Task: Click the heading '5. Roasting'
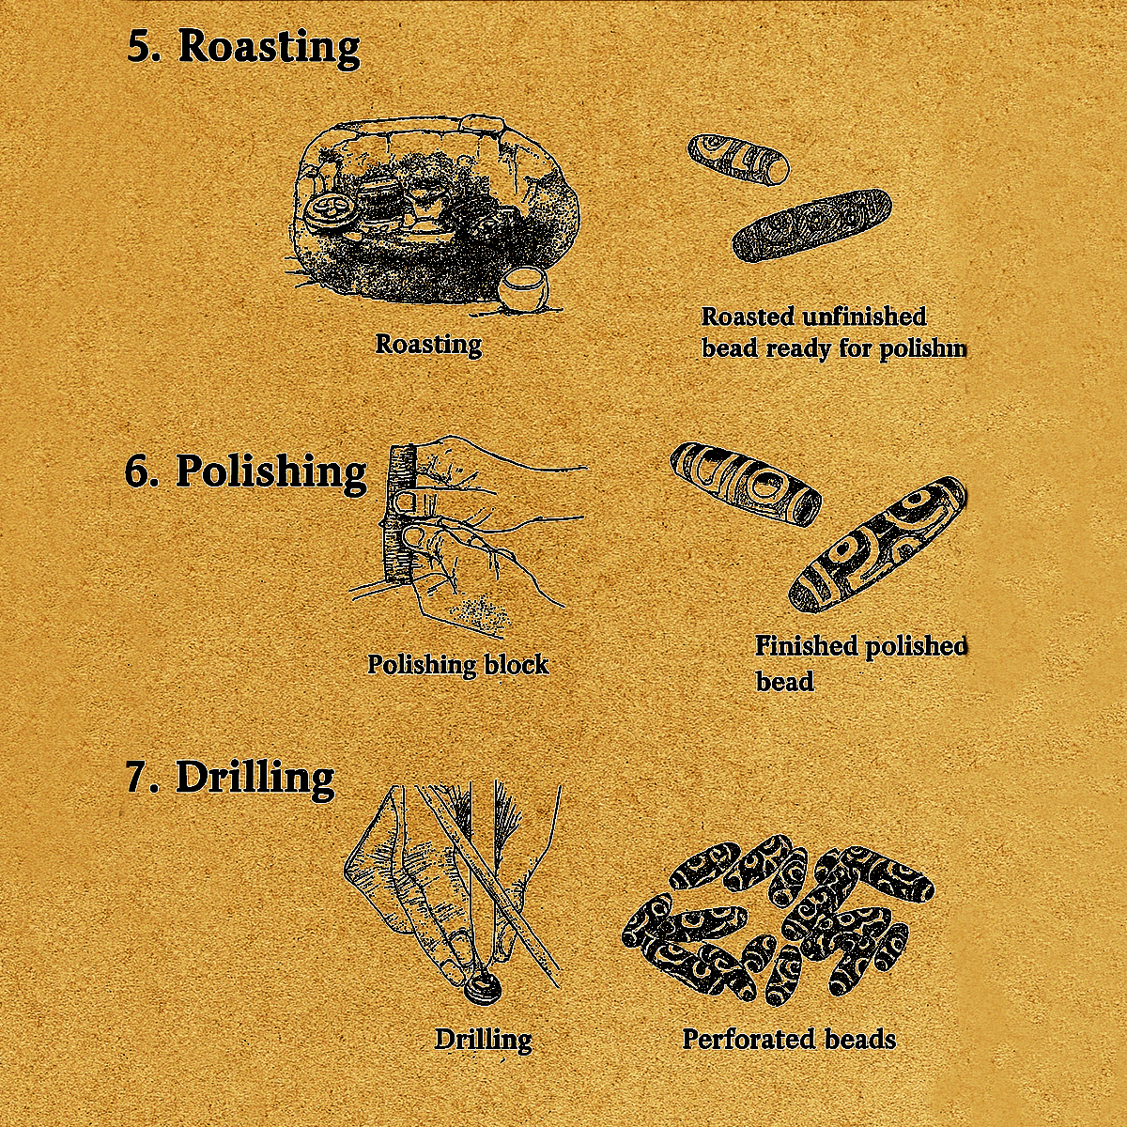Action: (x=242, y=48)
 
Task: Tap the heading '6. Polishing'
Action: (x=246, y=472)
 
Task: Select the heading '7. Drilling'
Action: (x=230, y=778)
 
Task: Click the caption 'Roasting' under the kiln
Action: (x=428, y=345)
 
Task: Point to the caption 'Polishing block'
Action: (x=458, y=665)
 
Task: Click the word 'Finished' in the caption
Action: (x=806, y=646)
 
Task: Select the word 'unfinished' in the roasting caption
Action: (x=864, y=317)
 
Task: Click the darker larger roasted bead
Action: (x=812, y=224)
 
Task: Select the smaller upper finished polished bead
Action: (x=746, y=485)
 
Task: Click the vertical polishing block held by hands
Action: (x=399, y=515)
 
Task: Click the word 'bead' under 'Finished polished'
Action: (x=784, y=682)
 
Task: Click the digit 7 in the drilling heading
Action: (x=137, y=779)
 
